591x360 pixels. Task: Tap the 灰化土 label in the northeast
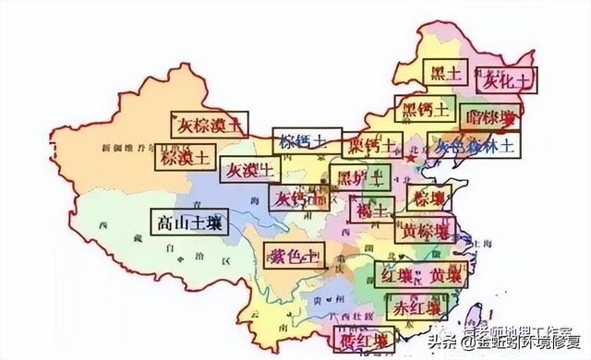click(504, 82)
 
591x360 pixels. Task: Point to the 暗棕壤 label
click(491, 117)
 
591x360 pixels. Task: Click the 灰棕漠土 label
click(211, 124)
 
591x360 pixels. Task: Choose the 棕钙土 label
click(301, 141)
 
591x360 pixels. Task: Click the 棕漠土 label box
click(183, 156)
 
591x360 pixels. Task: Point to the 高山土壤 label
click(187, 222)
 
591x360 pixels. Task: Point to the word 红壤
click(400, 275)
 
